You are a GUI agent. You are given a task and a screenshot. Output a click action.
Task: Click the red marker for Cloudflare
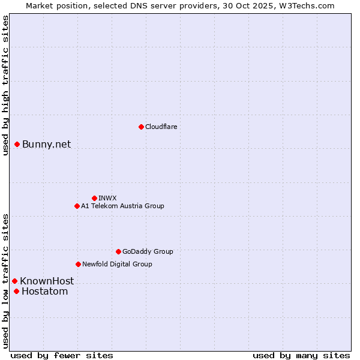(141, 127)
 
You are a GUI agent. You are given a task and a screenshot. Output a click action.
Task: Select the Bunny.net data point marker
(17, 144)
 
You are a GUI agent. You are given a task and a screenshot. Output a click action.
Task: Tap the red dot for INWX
(94, 198)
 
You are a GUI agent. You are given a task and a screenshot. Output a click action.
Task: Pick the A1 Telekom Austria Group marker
(77, 206)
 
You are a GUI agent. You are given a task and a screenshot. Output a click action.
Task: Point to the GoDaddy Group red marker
(118, 251)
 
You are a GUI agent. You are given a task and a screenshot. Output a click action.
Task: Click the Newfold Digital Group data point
(78, 264)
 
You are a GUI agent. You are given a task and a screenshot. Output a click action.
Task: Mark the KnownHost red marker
(14, 281)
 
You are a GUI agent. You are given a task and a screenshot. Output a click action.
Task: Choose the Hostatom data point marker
(16, 292)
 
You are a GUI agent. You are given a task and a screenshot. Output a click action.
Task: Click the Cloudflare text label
(161, 127)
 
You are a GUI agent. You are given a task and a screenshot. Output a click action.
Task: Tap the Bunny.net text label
(47, 144)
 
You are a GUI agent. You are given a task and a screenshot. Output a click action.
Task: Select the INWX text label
(108, 198)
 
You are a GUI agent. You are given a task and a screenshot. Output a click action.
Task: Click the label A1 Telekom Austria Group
(122, 206)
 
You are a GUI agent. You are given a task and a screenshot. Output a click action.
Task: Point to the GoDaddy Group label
(148, 251)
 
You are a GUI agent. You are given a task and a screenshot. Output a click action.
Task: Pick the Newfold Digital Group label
(117, 264)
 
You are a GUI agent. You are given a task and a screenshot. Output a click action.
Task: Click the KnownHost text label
(47, 281)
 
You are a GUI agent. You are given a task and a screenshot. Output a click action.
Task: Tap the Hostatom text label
(44, 292)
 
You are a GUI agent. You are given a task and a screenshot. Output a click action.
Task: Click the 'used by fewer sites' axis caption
(62, 355)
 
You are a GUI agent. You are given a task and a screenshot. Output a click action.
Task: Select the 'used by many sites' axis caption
(301, 355)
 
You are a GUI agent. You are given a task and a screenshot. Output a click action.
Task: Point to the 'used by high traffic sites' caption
(5, 85)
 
